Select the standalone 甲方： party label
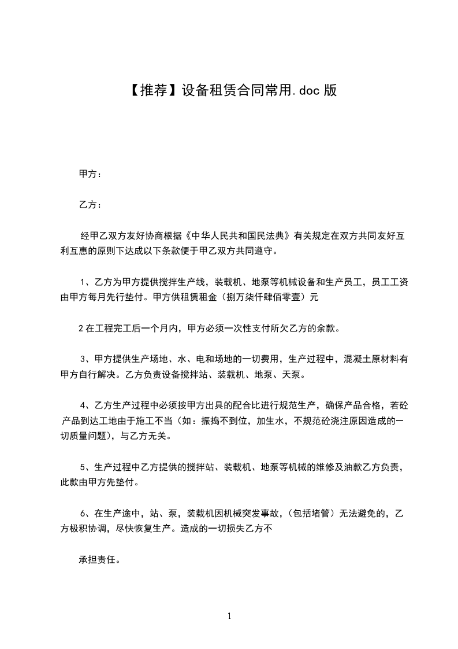coord(91,174)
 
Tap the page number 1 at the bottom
coord(229,616)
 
